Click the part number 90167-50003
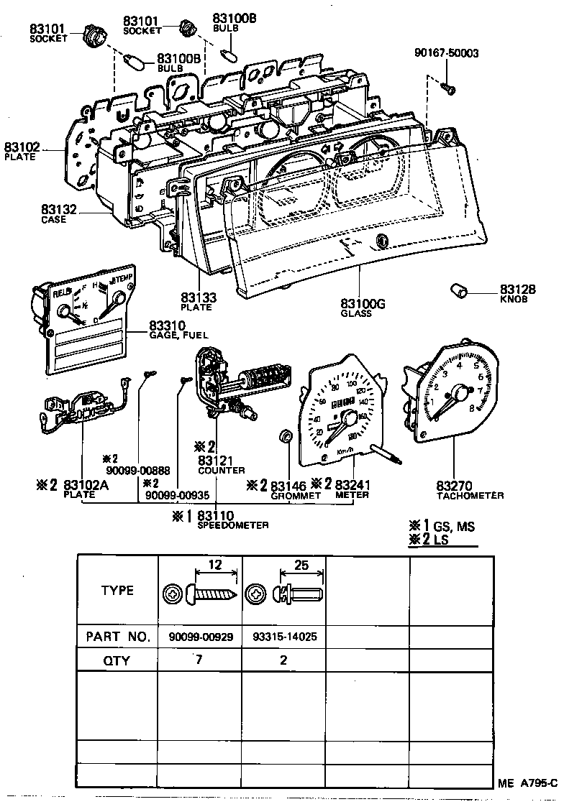(x=447, y=54)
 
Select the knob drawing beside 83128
(x=458, y=290)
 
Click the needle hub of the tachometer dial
(x=456, y=392)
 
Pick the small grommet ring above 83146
(x=285, y=436)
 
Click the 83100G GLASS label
(x=363, y=308)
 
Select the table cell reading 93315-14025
(x=284, y=637)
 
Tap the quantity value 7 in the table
(x=196, y=658)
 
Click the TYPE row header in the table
(x=117, y=591)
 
